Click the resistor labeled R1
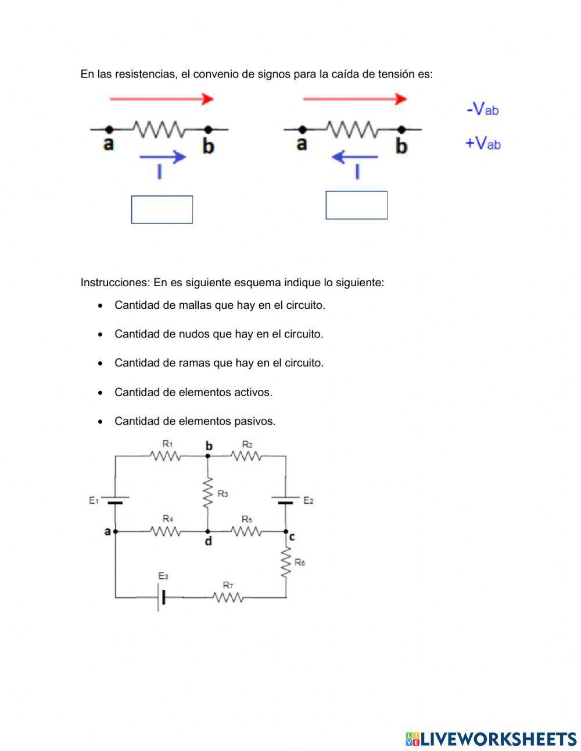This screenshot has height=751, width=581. (x=167, y=457)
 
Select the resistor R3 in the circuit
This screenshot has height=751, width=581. (x=207, y=493)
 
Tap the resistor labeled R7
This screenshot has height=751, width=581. (x=228, y=597)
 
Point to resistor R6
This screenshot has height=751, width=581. (x=285, y=563)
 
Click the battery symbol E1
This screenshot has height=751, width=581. (x=115, y=500)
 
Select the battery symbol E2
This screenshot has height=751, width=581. (x=285, y=500)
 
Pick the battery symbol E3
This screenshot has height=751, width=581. (x=161, y=597)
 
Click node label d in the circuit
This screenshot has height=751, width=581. (x=209, y=542)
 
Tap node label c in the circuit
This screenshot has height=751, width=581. (x=292, y=537)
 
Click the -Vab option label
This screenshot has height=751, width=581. (x=482, y=109)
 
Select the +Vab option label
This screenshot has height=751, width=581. (x=482, y=143)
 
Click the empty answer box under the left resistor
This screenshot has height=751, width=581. (x=162, y=209)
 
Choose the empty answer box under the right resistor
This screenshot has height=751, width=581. (x=356, y=205)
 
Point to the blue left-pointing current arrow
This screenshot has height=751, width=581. (x=354, y=156)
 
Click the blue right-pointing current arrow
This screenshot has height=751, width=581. (x=162, y=156)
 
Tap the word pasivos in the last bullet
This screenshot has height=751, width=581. (x=255, y=421)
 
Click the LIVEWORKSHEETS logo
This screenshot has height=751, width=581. (x=490, y=739)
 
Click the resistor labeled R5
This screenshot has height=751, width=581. (x=247, y=531)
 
